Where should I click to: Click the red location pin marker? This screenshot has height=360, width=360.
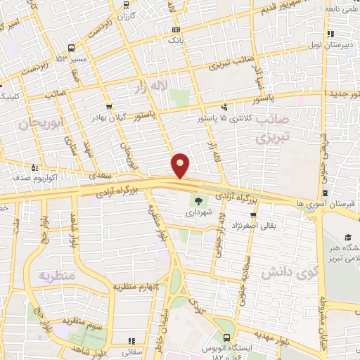pyautogui.click(x=181, y=165)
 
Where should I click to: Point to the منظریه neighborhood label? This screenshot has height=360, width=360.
pyautogui.click(x=56, y=275)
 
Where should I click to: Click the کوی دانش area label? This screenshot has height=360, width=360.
pyautogui.click(x=285, y=273)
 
